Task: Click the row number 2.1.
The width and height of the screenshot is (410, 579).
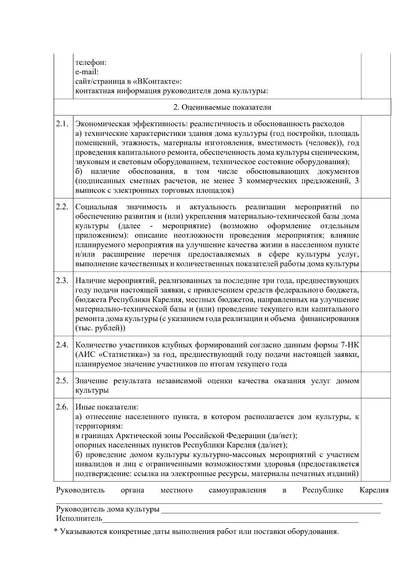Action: (62, 124)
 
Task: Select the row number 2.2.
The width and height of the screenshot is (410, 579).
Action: (62, 207)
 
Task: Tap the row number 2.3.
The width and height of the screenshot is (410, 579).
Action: (62, 280)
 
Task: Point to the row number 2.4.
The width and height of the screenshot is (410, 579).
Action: (62, 345)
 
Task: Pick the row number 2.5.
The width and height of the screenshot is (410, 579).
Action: (62, 381)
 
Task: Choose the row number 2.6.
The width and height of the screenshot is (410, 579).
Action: (62, 407)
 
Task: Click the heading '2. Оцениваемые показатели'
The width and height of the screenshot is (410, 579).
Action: (222, 107)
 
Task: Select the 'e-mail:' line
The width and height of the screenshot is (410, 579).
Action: (87, 72)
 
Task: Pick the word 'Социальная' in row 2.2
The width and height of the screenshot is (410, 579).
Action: (96, 207)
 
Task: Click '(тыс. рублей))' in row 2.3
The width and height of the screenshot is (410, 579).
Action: (100, 328)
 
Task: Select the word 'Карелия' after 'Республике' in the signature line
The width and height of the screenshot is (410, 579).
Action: (374, 490)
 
